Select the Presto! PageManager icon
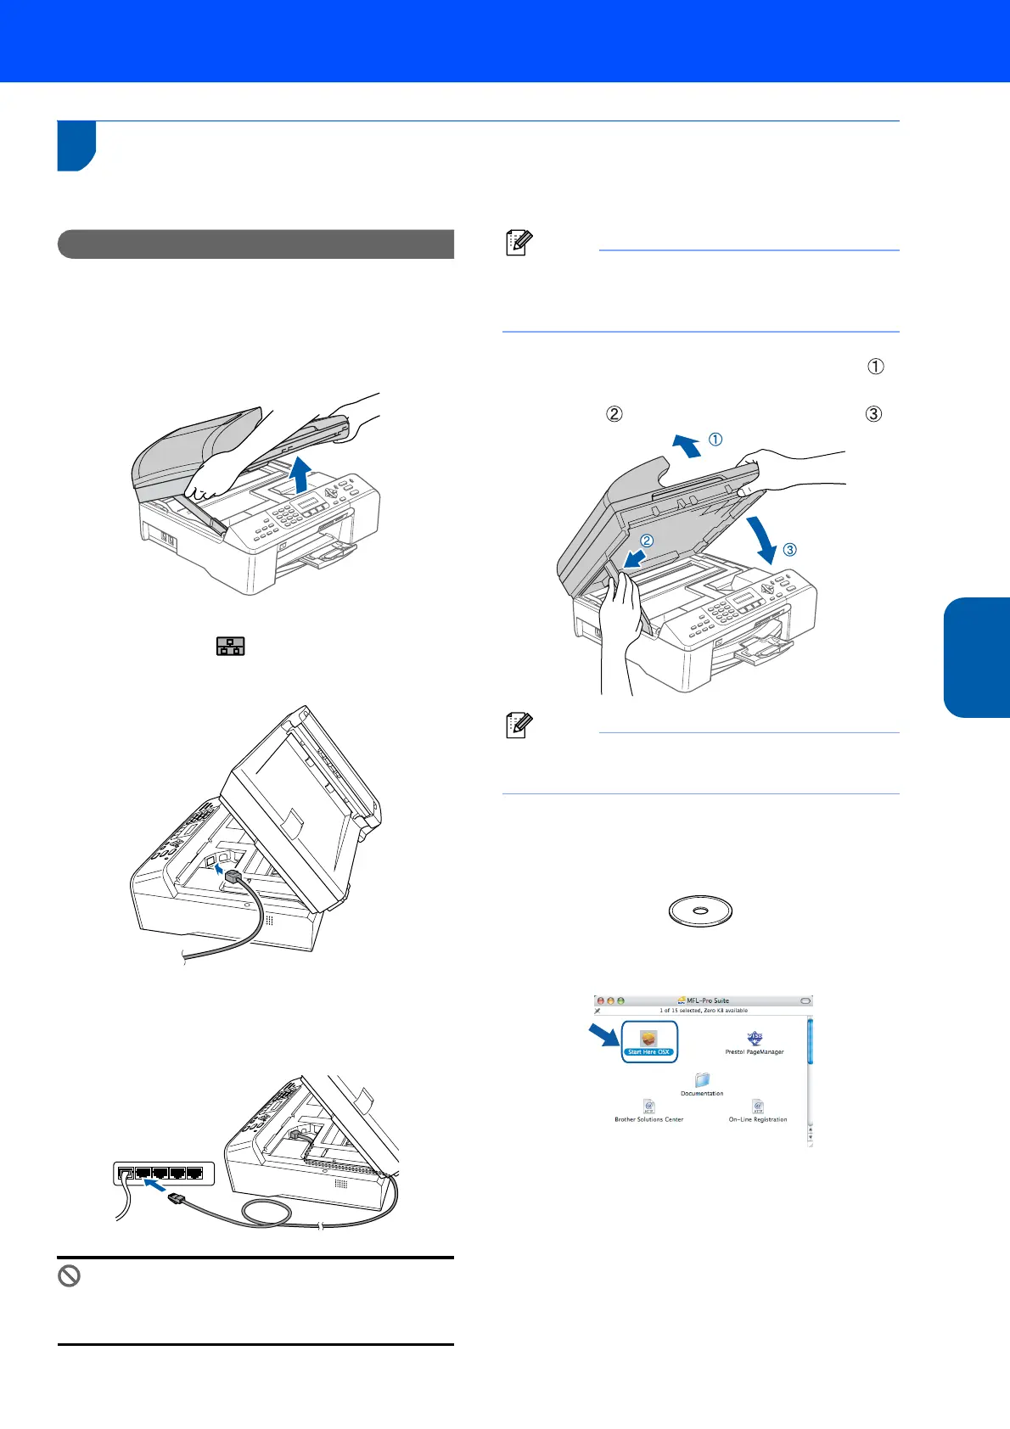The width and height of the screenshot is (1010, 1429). tap(755, 1040)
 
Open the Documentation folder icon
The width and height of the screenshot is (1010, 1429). tap(702, 1080)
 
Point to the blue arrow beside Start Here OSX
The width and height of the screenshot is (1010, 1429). tap(605, 1035)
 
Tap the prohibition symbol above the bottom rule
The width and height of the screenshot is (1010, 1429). tap(69, 1275)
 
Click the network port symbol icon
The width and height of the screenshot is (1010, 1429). tap(230, 647)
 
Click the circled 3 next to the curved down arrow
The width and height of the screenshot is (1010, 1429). tap(789, 550)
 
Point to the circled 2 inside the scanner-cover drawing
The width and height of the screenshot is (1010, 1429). tap(647, 541)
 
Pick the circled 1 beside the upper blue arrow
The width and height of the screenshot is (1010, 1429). tap(715, 440)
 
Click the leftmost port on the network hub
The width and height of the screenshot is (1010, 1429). tap(125, 1174)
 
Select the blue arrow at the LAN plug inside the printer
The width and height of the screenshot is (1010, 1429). tap(222, 869)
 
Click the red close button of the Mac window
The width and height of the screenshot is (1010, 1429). tap(601, 1001)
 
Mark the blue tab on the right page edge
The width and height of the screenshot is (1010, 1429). tap(977, 657)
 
